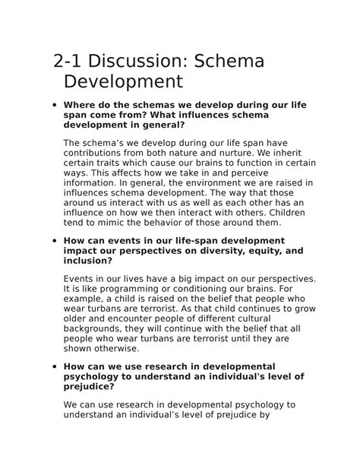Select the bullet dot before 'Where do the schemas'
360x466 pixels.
[51, 105]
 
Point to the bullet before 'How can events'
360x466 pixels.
[51, 241]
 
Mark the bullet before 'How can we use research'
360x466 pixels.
[51, 366]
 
